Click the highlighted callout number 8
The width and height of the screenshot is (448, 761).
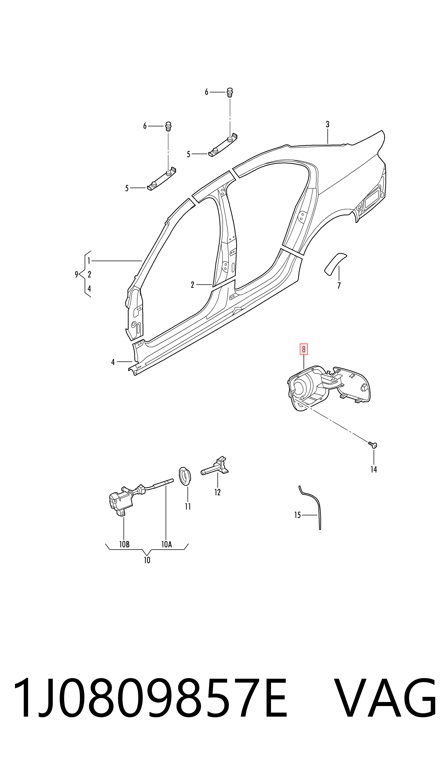pyautogui.click(x=303, y=350)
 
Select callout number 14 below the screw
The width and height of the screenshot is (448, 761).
pyautogui.click(x=374, y=469)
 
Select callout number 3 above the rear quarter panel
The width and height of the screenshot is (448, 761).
pyautogui.click(x=328, y=124)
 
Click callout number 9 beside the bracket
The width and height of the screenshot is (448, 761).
pyautogui.click(x=77, y=274)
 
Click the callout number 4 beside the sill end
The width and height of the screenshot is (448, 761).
pyautogui.click(x=113, y=362)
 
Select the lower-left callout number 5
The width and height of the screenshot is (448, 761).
pyautogui.click(x=127, y=188)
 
